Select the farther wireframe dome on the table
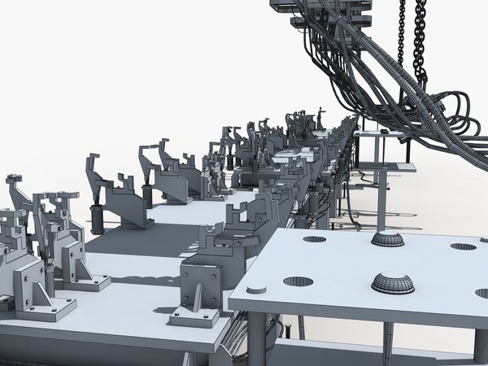(387, 239)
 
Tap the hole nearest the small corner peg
(298, 281)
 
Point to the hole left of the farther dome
(314, 239)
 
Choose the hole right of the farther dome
(463, 246)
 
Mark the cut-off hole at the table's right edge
(482, 293)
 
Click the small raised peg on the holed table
(255, 289)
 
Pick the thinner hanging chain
(401, 33)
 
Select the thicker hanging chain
(420, 37)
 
